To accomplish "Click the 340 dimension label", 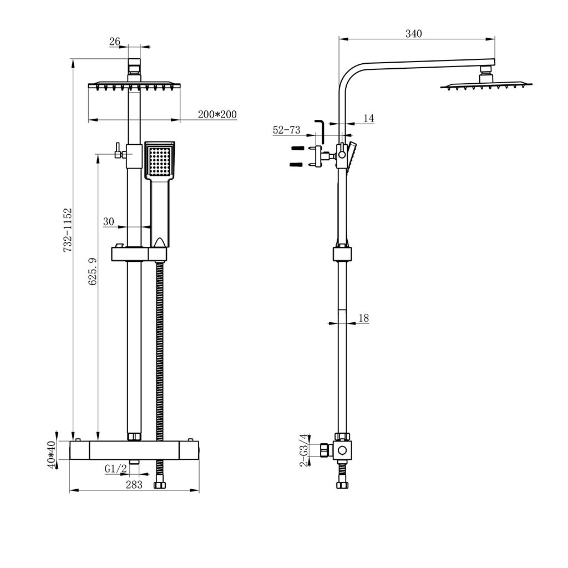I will tap(413, 34).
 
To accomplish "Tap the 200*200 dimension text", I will tap(217, 115).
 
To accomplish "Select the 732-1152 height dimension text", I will tap(68, 230).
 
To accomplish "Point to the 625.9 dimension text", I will tap(93, 272).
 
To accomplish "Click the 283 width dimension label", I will tap(134, 484).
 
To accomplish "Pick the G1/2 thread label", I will tap(116, 469).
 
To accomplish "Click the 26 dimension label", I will tap(115, 41).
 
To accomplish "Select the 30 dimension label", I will tap(108, 222).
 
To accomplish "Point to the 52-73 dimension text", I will tap(286, 130).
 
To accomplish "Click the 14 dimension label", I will tap(369, 118).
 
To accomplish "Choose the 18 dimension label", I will tap(364, 318).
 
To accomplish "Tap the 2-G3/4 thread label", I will tap(303, 449).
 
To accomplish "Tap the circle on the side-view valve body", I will tap(343, 450).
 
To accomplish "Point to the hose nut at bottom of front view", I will tap(160, 486).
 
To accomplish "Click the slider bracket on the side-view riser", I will tap(342, 254).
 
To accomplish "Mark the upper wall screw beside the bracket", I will tap(298, 148).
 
